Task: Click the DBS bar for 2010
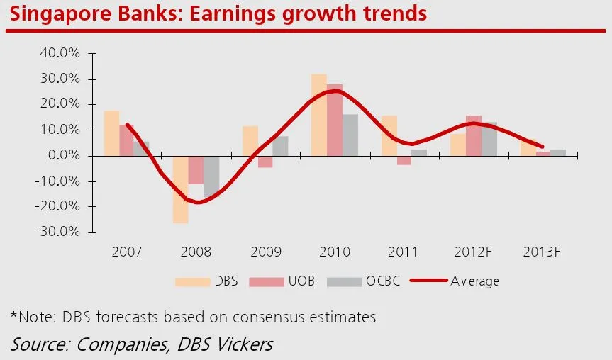click(x=319, y=115)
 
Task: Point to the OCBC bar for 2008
click(x=211, y=176)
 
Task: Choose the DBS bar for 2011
click(x=389, y=135)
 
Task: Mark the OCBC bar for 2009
click(x=280, y=146)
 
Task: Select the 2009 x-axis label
click(x=266, y=252)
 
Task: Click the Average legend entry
click(x=475, y=281)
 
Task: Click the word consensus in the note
click(x=261, y=316)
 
